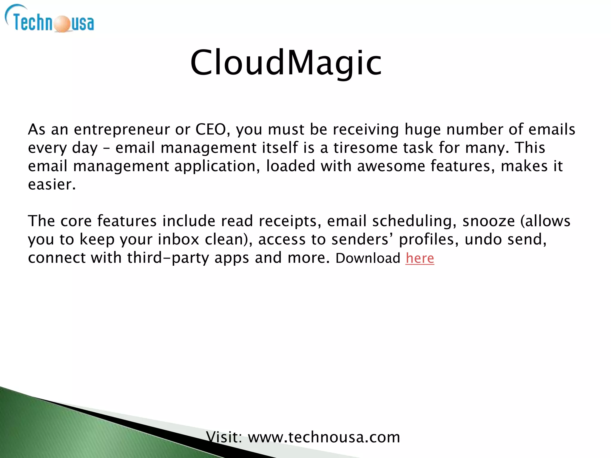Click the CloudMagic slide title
[286, 63]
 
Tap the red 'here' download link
[420, 258]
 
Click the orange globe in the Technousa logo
[62, 24]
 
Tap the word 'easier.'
[52, 185]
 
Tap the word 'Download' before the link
[368, 258]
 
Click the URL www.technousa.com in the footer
[324, 437]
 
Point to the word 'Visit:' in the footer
[224, 437]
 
